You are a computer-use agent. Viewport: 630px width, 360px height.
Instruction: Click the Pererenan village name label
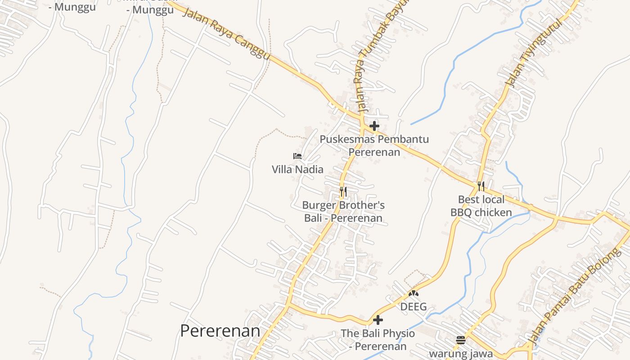click(220, 331)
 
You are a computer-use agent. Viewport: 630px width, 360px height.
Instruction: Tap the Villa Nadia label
click(297, 169)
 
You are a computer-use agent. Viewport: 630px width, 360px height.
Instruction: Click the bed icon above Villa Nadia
click(297, 156)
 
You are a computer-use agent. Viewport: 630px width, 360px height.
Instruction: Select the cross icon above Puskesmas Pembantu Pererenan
click(374, 126)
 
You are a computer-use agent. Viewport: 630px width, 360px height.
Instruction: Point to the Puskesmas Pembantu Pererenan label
click(374, 145)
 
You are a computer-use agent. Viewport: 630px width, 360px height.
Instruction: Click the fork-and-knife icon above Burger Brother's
click(343, 192)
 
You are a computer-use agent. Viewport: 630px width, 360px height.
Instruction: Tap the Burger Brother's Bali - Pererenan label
click(343, 211)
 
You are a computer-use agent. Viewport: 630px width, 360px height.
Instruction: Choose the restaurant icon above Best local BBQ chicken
click(481, 186)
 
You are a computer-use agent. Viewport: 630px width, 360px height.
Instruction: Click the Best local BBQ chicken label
click(481, 206)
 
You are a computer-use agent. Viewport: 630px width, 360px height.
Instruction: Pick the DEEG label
click(414, 307)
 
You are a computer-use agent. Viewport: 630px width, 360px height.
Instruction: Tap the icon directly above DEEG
click(414, 294)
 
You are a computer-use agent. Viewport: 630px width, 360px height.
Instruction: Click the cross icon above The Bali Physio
click(378, 320)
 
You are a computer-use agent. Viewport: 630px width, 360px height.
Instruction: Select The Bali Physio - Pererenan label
click(378, 340)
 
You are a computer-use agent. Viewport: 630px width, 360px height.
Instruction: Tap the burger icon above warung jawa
click(460, 340)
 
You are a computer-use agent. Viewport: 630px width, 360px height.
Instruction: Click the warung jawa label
click(461, 353)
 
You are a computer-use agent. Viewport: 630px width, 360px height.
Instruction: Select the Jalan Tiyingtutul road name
click(535, 53)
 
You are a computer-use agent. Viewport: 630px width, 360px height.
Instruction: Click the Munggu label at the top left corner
click(72, 7)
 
